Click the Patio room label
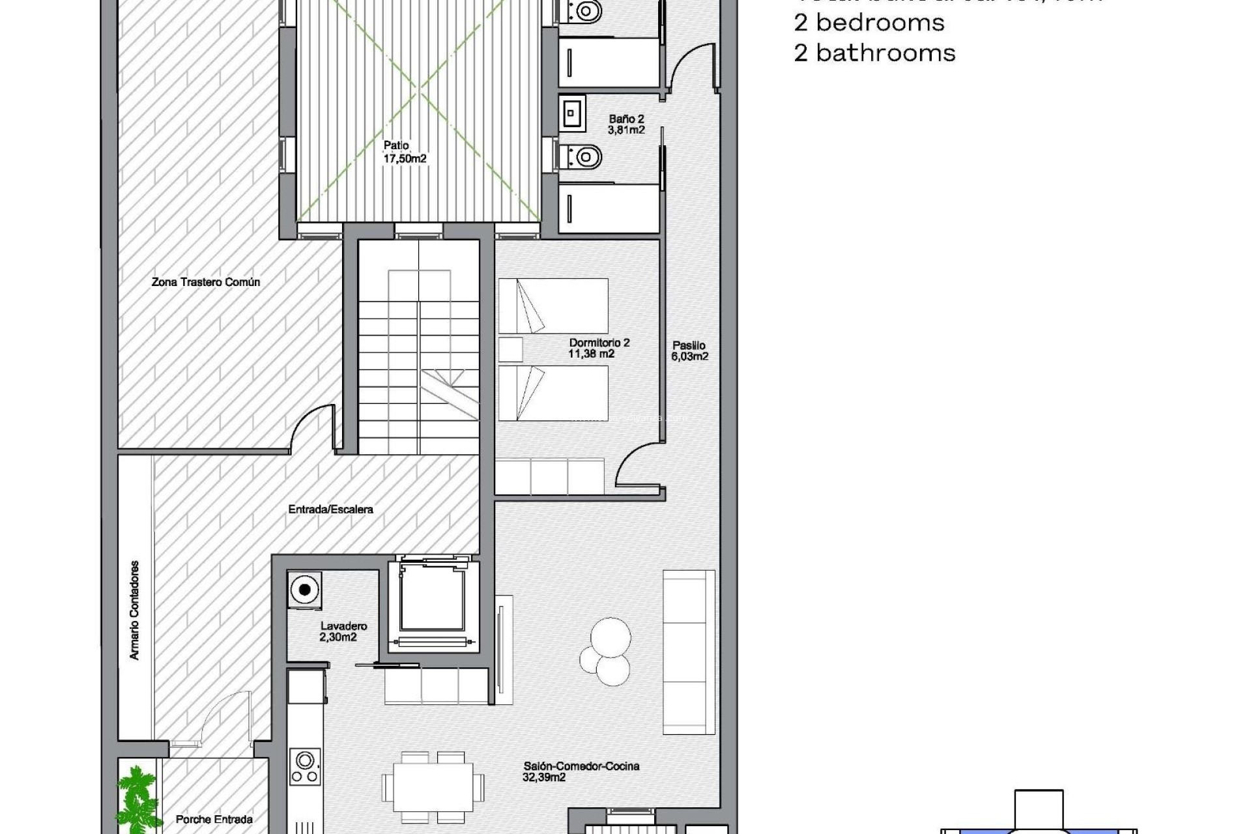(404, 152)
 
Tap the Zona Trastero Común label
(206, 282)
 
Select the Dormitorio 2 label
(599, 348)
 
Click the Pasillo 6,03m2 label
(689, 351)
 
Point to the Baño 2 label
(626, 124)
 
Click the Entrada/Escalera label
(330, 509)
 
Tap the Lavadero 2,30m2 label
(343, 631)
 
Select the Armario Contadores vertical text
(134, 610)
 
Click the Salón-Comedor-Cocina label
(581, 771)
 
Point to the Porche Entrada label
(214, 819)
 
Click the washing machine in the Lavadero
(304, 591)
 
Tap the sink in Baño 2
(571, 113)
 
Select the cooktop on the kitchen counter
(304, 767)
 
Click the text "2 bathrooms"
(874, 53)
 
